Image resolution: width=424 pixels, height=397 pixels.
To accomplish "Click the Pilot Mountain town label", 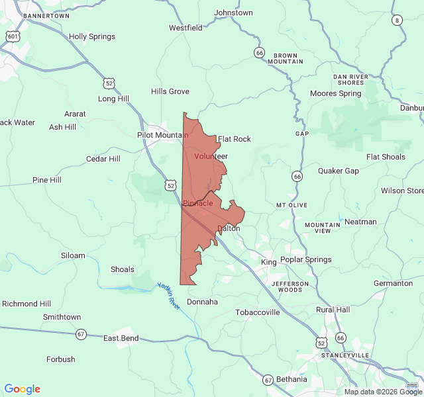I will coord(162,135).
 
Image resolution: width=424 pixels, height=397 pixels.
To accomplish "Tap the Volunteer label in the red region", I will coord(211,156).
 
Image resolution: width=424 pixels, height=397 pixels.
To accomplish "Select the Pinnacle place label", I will coord(198,203).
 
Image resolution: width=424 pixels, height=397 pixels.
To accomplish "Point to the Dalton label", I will coord(229,228).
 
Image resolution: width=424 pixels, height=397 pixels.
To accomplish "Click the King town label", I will coord(269,263).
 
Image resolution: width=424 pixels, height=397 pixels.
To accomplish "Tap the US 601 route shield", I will coord(13,36).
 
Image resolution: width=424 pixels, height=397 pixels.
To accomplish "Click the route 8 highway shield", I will coord(397,20).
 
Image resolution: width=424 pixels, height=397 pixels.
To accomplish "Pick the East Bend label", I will coord(121,338).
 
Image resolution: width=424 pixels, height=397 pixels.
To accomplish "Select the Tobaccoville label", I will coord(258,312).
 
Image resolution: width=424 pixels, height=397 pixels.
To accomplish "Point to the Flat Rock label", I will coord(235,139).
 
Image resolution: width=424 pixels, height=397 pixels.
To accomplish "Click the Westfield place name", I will coord(185,28).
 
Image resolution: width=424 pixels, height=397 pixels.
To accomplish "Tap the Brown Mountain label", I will coord(286,58).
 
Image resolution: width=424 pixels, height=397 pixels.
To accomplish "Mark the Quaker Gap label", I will coord(339,171).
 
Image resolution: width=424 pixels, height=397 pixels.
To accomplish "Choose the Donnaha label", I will coord(202,302).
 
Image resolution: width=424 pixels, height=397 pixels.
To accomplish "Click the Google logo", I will coord(22,389).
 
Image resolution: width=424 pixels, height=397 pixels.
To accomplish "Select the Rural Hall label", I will coord(333,310).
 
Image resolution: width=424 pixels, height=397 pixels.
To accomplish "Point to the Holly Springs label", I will coord(92,36).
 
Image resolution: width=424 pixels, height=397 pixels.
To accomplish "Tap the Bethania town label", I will coord(291,379).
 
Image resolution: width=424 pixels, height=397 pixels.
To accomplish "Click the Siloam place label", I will coord(73,255).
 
